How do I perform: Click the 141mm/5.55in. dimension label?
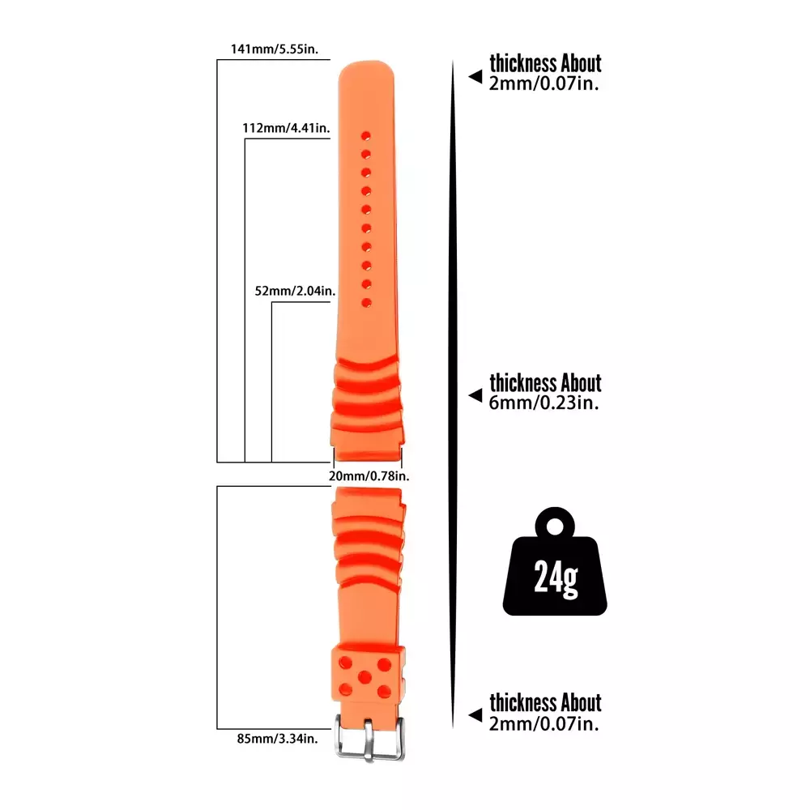tap(275, 49)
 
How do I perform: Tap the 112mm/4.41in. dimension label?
tap(286, 128)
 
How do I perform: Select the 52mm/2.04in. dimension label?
tap(295, 291)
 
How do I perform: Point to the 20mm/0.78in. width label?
tap(369, 475)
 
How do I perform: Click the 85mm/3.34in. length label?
tap(277, 739)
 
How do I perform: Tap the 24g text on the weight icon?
tap(556, 577)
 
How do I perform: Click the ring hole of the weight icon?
tap(555, 527)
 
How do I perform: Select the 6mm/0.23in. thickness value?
tap(544, 403)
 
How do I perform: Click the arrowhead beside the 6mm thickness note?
tap(475, 395)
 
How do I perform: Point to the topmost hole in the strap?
tap(366, 136)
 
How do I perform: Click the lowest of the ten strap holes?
tap(366, 303)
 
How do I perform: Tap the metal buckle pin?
tap(369, 740)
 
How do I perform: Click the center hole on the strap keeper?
tap(364, 676)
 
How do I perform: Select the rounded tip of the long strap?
tap(366, 64)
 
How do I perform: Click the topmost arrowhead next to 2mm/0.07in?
tap(475, 76)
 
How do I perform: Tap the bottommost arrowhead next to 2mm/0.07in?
tap(475, 715)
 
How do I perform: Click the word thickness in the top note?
tap(522, 63)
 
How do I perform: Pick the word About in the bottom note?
tap(581, 703)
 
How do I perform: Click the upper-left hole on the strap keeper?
tap(345, 663)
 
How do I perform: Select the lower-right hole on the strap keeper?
tap(384, 691)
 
